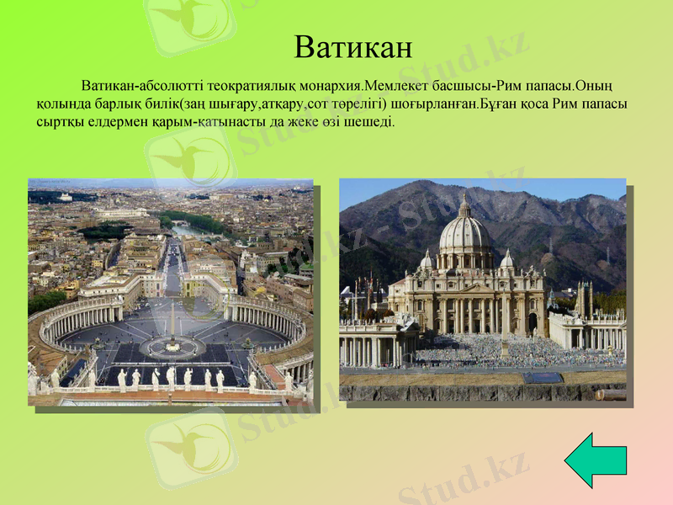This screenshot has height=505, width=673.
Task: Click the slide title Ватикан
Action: (353, 46)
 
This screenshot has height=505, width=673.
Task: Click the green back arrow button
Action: (595, 460)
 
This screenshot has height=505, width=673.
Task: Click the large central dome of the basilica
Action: (464, 231)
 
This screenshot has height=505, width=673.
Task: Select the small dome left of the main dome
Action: (427, 260)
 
